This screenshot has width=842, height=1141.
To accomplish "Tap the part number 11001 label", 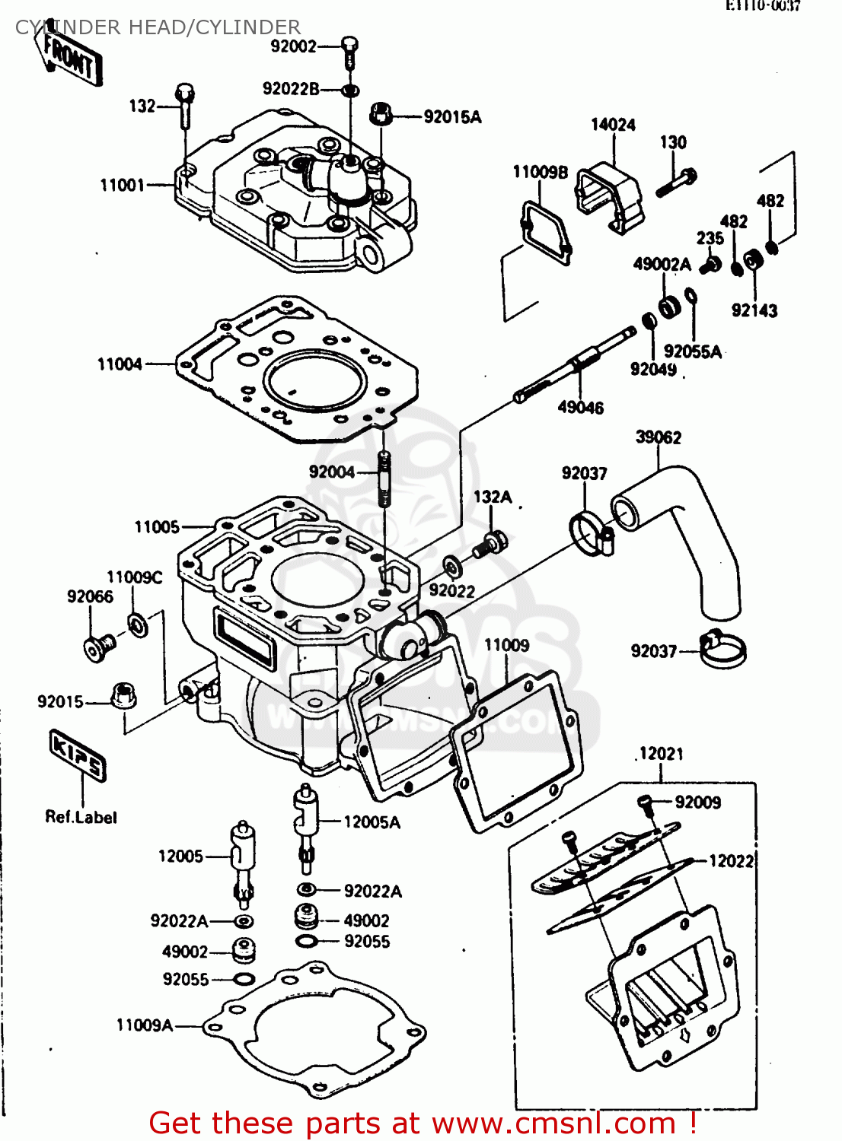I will point(122,185).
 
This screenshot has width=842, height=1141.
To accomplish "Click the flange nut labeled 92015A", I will point(381,116).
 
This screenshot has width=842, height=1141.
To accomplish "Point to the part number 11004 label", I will point(120,364).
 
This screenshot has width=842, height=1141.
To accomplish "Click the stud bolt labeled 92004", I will point(384,478).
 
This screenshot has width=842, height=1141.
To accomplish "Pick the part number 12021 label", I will point(661,754).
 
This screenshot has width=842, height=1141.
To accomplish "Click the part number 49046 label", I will point(580,408).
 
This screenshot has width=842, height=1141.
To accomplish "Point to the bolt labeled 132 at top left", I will point(185,106).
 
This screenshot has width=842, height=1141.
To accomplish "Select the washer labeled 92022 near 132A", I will point(451,566).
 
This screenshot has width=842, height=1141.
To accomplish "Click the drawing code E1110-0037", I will point(762,6).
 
